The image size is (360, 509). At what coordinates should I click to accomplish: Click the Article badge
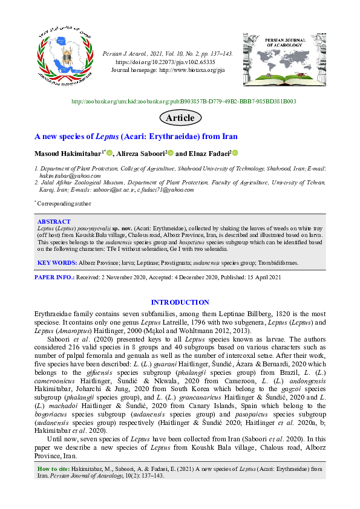[x=180, y=117]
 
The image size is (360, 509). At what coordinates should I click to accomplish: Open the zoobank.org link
[x=184, y=102]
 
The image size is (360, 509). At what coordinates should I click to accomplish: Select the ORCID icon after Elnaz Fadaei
[x=235, y=153]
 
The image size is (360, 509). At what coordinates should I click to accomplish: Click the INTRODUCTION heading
[x=180, y=302]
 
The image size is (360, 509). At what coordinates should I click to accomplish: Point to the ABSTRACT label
[x=54, y=222]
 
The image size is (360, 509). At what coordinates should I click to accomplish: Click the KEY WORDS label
[x=57, y=263]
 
